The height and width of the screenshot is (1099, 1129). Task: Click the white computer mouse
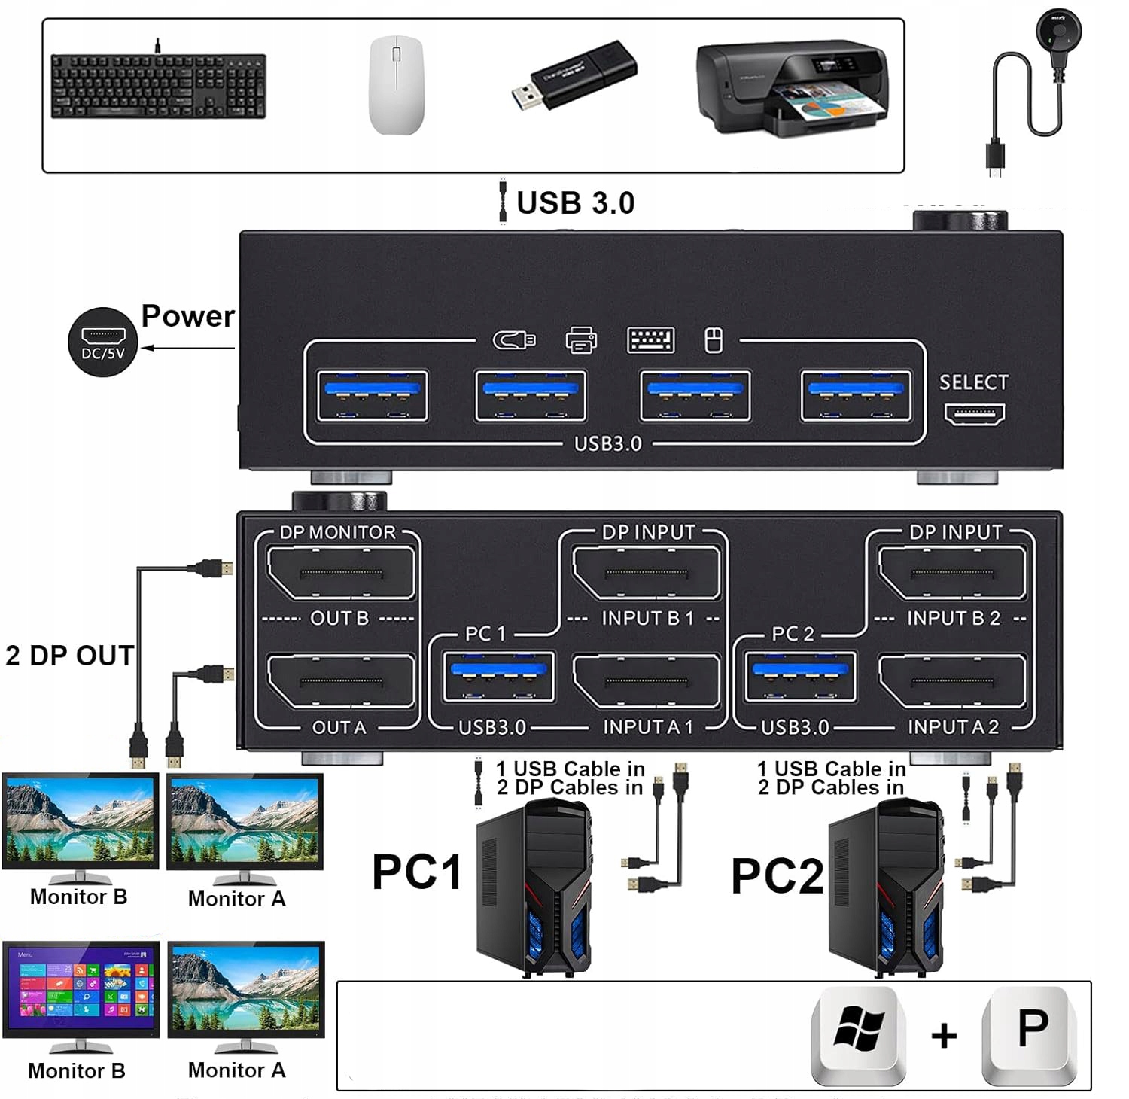tap(396, 85)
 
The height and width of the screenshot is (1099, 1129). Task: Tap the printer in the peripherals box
tap(792, 90)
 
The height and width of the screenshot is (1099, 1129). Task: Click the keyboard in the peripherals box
tap(158, 85)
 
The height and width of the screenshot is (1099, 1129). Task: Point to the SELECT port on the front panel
tap(975, 414)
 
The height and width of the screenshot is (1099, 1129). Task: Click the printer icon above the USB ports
tap(581, 340)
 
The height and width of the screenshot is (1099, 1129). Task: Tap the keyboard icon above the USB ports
tap(651, 340)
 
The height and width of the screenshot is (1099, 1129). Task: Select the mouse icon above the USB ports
tap(713, 340)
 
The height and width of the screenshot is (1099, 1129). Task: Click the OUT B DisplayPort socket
tap(341, 573)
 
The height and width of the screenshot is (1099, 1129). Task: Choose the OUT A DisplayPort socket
tap(341, 681)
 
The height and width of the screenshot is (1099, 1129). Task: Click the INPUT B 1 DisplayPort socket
tap(647, 573)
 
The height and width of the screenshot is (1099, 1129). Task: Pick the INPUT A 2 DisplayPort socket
tap(952, 681)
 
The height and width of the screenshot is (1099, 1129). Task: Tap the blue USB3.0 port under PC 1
tap(498, 676)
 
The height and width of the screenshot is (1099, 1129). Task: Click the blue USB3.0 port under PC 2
tap(800, 676)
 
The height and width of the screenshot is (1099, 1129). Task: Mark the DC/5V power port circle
tap(103, 342)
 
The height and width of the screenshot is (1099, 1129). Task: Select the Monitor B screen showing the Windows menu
tap(81, 988)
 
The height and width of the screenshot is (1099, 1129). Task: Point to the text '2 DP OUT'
tap(69, 656)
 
